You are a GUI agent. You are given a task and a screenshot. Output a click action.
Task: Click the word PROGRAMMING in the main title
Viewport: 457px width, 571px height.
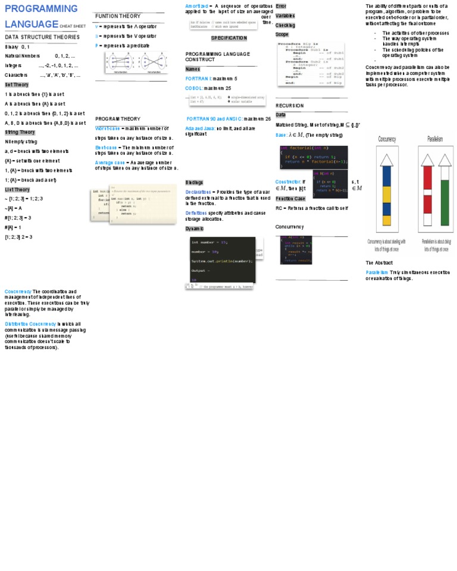click(41, 9)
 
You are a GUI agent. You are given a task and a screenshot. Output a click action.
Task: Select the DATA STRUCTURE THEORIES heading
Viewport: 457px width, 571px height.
click(42, 37)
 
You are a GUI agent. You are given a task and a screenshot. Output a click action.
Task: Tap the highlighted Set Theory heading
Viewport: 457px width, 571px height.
click(17, 84)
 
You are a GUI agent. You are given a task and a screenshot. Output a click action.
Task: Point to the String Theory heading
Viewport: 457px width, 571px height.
click(20, 132)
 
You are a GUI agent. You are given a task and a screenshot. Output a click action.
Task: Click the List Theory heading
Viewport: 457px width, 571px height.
click(17, 189)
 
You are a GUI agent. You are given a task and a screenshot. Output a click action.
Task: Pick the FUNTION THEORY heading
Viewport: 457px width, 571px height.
click(118, 16)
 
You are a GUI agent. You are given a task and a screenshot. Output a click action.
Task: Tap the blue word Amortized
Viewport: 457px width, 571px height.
click(196, 6)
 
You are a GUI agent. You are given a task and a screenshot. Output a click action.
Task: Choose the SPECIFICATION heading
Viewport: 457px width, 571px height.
click(228, 38)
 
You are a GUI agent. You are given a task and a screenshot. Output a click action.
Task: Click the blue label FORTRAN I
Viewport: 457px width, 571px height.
click(198, 79)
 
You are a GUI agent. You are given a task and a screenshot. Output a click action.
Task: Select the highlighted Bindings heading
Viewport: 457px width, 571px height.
click(194, 182)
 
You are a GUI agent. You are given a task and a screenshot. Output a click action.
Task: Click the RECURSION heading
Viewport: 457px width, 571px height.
click(290, 105)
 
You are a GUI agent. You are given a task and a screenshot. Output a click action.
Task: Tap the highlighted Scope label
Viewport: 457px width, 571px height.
click(281, 34)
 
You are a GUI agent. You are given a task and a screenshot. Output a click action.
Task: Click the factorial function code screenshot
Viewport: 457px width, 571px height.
click(313, 157)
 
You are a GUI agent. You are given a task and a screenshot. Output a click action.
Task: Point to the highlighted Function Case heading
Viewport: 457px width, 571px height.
click(290, 199)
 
